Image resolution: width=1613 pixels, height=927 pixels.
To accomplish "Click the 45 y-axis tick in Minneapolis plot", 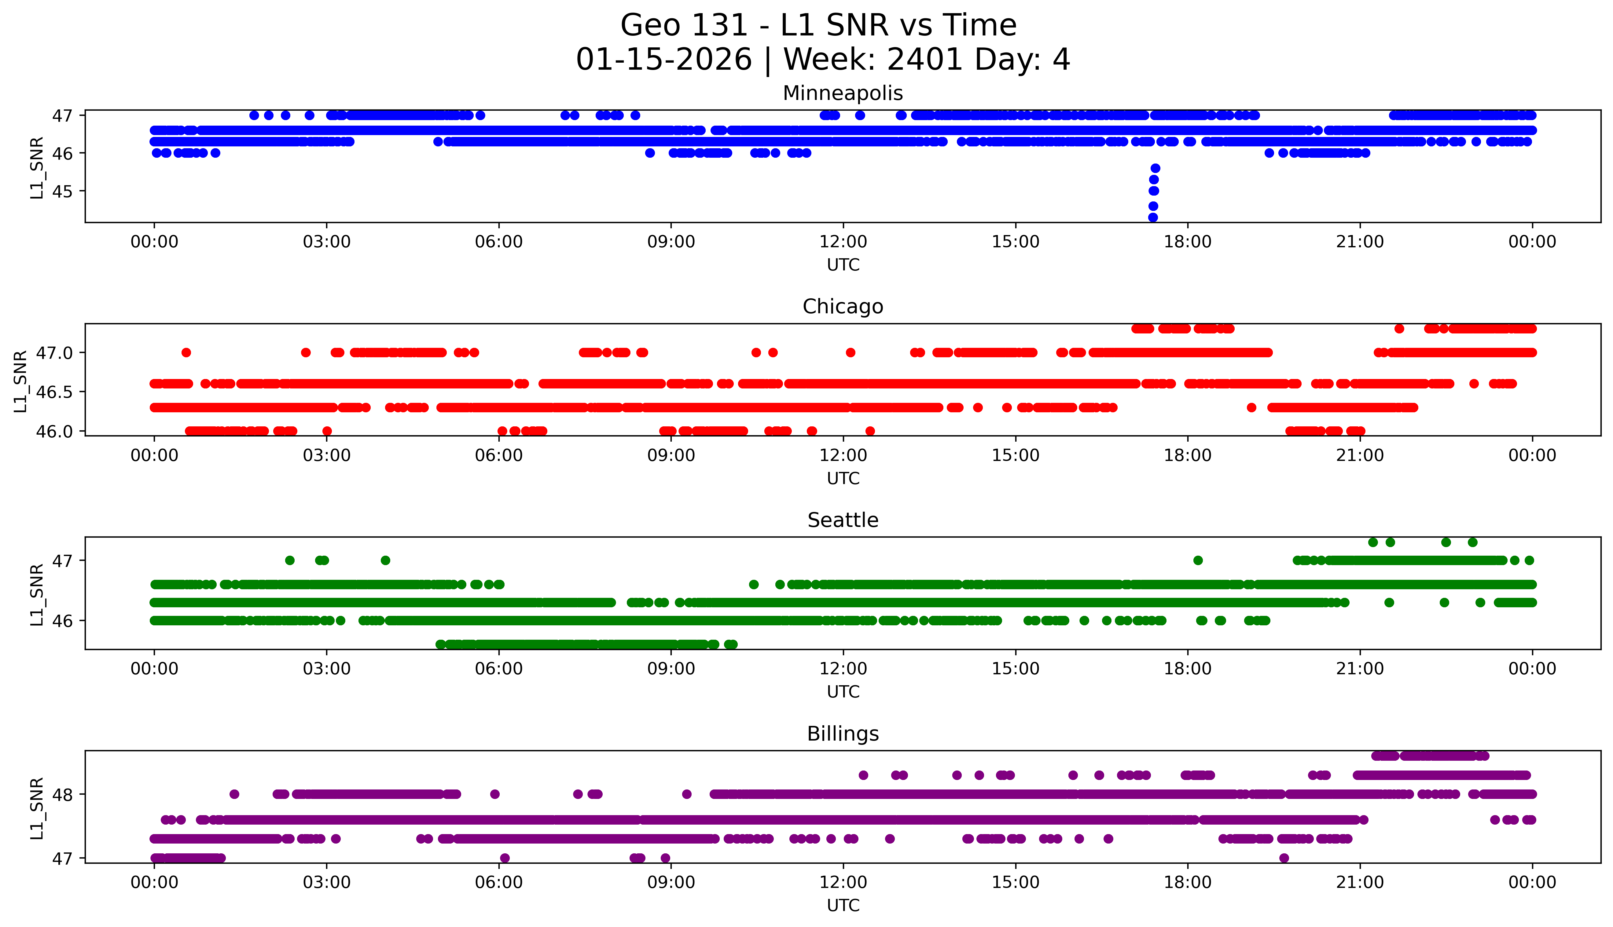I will click(x=62, y=191).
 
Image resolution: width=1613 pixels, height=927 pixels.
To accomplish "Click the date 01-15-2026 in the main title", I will click(x=664, y=60).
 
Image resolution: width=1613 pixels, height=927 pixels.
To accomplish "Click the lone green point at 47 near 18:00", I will click(x=1198, y=560).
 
